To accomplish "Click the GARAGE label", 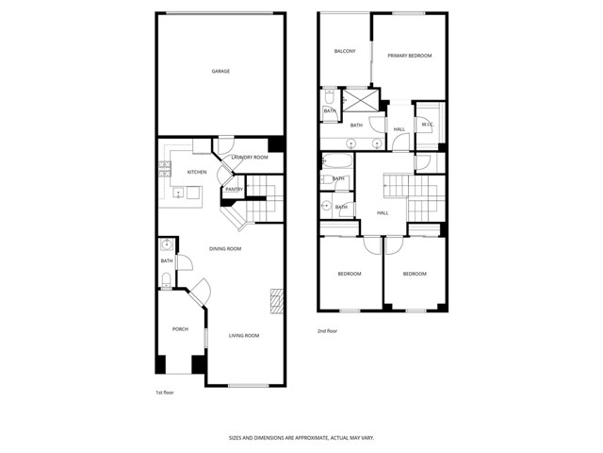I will coord(220,71).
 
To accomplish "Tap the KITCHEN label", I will coord(197,172).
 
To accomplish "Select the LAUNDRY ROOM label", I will coord(250,158).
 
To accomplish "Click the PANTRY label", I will coord(234,189).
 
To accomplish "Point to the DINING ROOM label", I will coord(225,249).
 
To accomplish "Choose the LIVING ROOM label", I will coord(244,335).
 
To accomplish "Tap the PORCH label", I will coord(180,328).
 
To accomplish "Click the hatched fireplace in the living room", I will coord(276,300).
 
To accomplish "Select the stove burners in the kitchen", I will coord(165,169).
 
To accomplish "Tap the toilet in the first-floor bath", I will coord(166,277).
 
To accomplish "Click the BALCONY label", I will coord(345,51).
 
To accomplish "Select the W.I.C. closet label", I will coord(427,124).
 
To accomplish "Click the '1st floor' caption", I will coord(165,394).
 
